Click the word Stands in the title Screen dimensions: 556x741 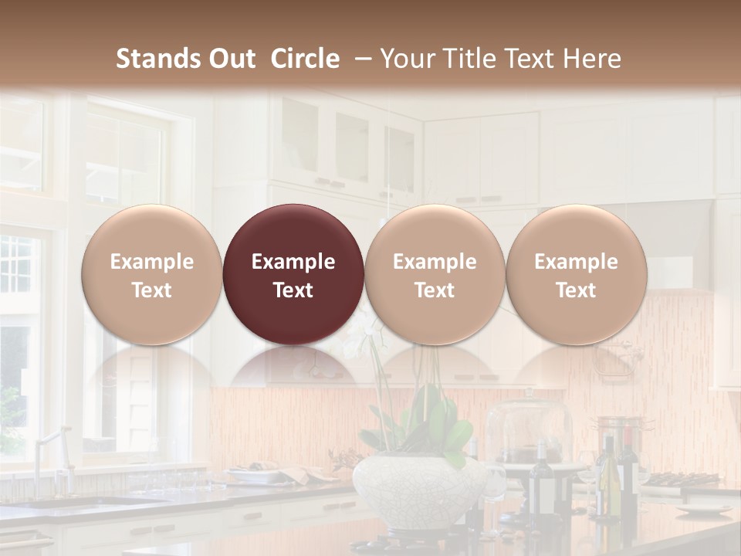pyautogui.click(x=158, y=59)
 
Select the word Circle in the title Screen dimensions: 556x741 pyautogui.click(x=305, y=59)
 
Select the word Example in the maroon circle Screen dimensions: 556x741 pyautogui.click(x=293, y=262)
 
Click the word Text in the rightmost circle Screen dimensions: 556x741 pyautogui.click(x=576, y=290)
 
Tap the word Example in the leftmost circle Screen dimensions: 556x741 pyautogui.click(x=152, y=262)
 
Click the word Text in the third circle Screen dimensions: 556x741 pyautogui.click(x=435, y=290)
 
